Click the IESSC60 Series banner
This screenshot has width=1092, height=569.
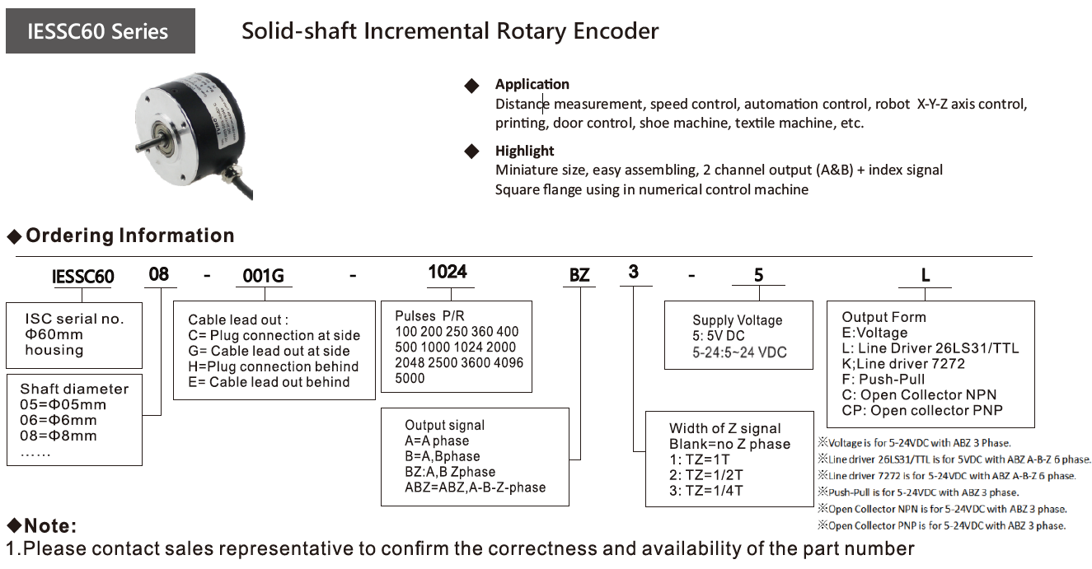point(101,30)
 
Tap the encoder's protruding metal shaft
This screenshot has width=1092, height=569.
point(145,144)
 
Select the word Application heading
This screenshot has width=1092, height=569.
point(532,84)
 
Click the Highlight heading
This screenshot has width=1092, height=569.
point(524,151)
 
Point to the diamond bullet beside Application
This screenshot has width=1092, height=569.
point(471,86)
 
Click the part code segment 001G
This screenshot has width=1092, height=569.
point(263,276)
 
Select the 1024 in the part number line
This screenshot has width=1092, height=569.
point(448,272)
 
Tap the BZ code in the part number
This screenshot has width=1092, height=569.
point(579,275)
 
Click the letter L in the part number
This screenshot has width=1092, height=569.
point(926,275)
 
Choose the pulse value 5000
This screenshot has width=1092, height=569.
point(410,378)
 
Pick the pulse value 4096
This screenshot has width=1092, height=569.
point(508,362)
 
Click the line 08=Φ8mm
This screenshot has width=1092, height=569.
point(59,436)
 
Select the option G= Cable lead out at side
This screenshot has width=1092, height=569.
point(269,351)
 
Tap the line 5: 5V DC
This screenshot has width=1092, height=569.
point(719,336)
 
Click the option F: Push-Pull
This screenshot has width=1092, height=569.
point(883,379)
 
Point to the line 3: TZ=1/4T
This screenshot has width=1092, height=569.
point(706,491)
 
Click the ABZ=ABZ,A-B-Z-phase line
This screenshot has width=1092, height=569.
point(476,487)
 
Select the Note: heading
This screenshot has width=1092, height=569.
point(42,525)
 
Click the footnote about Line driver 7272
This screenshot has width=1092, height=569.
point(947,475)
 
